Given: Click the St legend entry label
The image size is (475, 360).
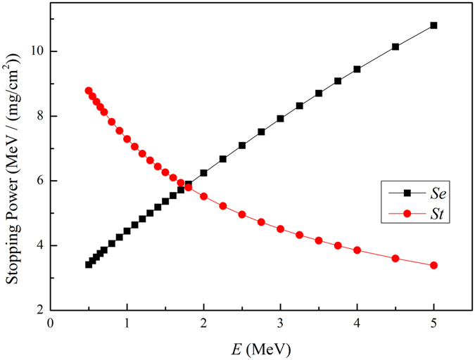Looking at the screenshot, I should (x=424, y=210).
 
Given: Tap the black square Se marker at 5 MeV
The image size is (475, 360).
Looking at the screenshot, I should (x=433, y=25).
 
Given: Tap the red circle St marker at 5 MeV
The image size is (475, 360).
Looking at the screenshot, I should (x=433, y=265).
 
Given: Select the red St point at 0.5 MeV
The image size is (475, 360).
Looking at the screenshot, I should (x=89, y=91).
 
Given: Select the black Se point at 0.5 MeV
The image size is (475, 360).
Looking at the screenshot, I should (x=89, y=264).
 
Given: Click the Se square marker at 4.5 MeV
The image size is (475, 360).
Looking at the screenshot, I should (x=395, y=46).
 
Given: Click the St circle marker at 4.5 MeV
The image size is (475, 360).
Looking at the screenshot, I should (x=395, y=259).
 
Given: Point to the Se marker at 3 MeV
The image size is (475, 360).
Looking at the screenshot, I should (x=280, y=119).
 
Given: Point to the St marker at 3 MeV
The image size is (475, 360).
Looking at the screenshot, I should (x=280, y=229).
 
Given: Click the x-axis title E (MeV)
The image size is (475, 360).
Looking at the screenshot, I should (x=260, y=348).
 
